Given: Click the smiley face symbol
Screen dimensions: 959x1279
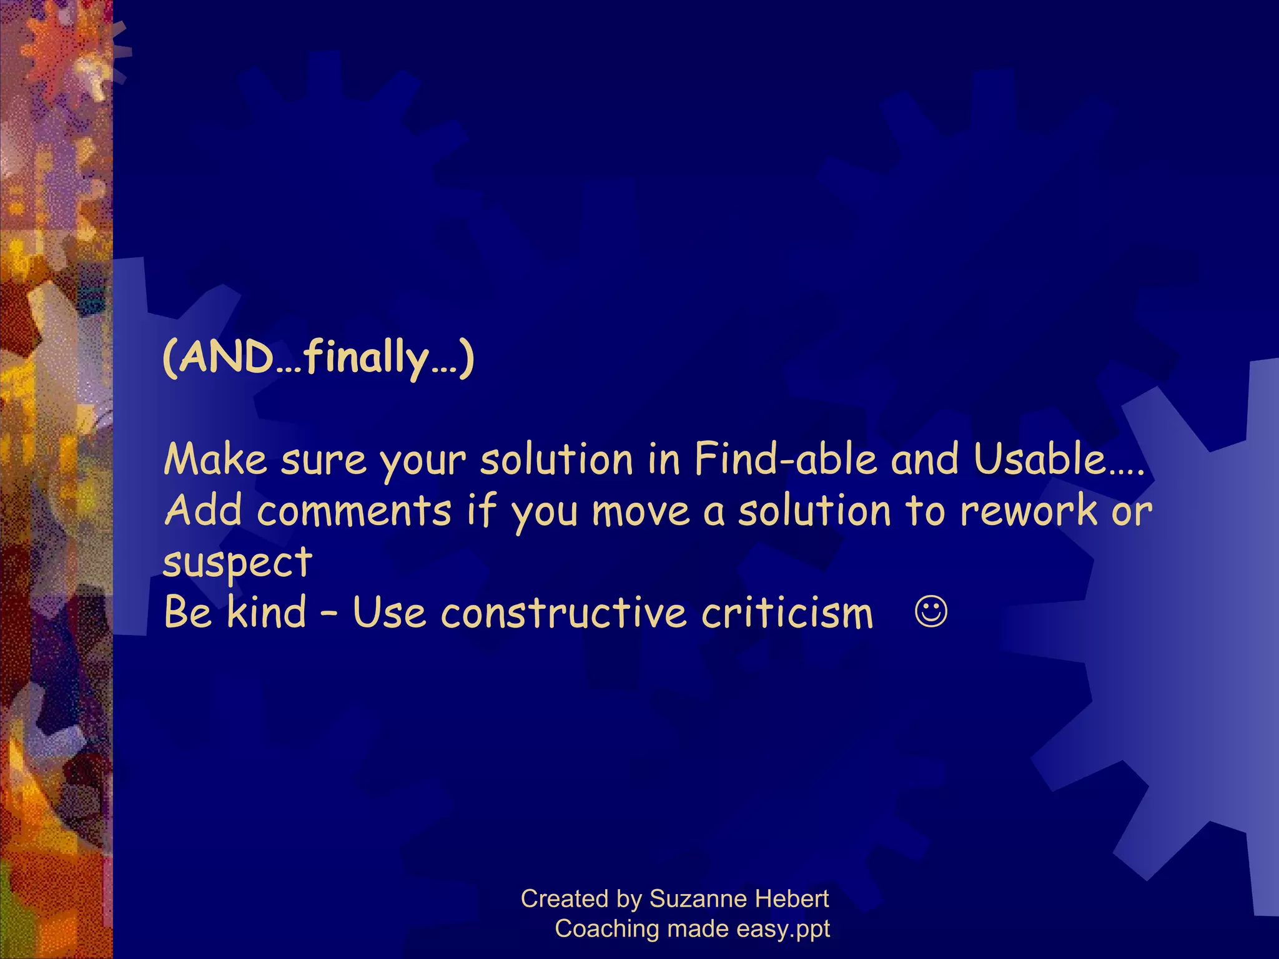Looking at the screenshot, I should [x=931, y=612].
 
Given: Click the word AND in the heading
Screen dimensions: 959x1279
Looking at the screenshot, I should [x=226, y=358].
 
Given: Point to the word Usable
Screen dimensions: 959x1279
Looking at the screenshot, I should [x=1040, y=460].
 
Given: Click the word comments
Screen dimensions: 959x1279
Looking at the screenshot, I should [x=353, y=511].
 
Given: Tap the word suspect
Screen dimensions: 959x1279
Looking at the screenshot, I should [x=237, y=562].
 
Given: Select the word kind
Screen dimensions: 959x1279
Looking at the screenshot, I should [x=267, y=612].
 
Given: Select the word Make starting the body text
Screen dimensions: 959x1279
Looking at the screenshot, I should [x=215, y=460].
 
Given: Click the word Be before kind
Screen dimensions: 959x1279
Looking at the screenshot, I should [x=187, y=612].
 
